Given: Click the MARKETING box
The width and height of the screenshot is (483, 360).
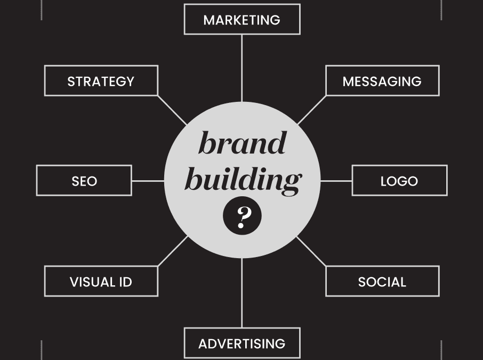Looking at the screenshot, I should pyautogui.click(x=241, y=20).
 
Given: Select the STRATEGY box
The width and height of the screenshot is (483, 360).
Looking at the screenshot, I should pyautogui.click(x=101, y=81).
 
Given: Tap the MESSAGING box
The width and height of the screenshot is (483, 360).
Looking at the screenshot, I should pyautogui.click(x=382, y=81).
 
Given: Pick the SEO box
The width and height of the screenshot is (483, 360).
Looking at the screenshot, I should pyautogui.click(x=84, y=181).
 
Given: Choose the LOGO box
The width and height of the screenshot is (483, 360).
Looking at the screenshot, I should pyautogui.click(x=399, y=181).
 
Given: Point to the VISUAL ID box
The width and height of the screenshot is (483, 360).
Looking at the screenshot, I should pyautogui.click(x=101, y=281).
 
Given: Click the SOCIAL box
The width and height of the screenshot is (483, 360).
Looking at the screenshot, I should pyautogui.click(x=382, y=281).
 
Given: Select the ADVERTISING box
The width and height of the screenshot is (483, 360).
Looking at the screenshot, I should pyautogui.click(x=241, y=343).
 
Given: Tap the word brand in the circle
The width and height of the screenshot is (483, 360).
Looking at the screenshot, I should pyautogui.click(x=242, y=143).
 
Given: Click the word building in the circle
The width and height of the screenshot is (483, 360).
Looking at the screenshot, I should pyautogui.click(x=242, y=180).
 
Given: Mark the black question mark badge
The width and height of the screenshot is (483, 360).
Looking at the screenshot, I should pyautogui.click(x=242, y=215).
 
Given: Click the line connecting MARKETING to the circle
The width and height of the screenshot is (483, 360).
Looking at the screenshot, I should pyautogui.click(x=242, y=68).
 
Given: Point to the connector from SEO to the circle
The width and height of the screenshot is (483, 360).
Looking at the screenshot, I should pyautogui.click(x=148, y=181).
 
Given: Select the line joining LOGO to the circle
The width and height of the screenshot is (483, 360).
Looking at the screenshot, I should pyautogui.click(x=336, y=181).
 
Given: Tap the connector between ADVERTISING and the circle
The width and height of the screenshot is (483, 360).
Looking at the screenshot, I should pyautogui.click(x=242, y=293).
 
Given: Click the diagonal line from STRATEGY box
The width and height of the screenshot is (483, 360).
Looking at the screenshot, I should pyautogui.click(x=172, y=110).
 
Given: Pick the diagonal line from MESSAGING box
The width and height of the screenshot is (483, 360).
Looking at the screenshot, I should pyautogui.click(x=312, y=110).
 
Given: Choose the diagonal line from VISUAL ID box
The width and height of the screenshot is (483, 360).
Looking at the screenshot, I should pyautogui.click(x=173, y=251).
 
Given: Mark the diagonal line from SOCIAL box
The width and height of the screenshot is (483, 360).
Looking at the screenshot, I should pyautogui.click(x=311, y=251).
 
